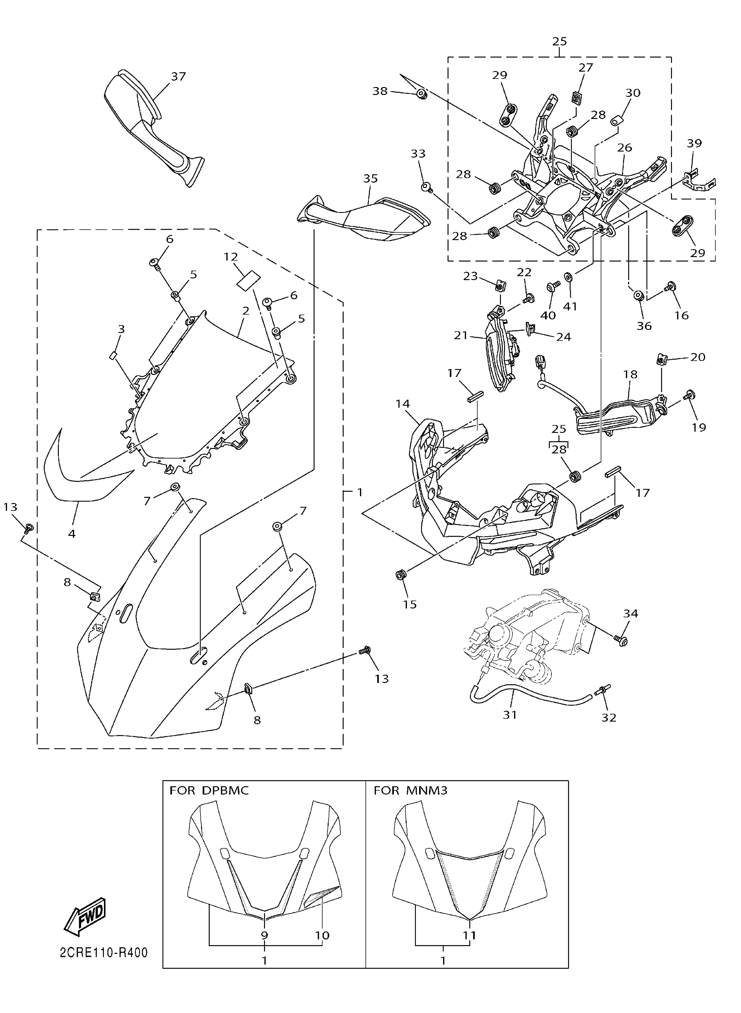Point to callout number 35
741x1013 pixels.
pos(371,179)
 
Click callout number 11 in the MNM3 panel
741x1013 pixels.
pos(469,935)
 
